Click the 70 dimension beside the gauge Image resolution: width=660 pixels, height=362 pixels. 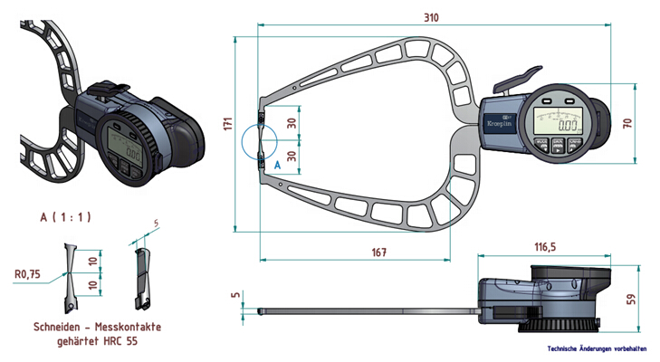coord(627,121)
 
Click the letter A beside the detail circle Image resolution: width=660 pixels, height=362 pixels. coord(277,165)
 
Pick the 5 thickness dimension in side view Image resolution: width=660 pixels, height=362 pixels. coord(234,294)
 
